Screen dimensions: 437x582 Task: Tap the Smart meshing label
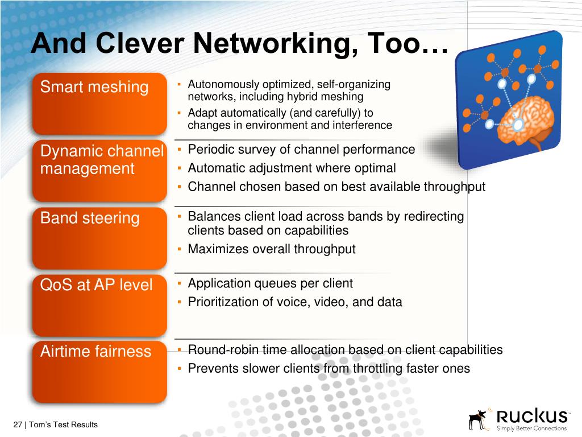pyautogui.click(x=94, y=87)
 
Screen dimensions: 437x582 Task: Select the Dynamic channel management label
pyautogui.click(x=101, y=160)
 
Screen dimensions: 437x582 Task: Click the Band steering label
pyautogui.click(x=90, y=218)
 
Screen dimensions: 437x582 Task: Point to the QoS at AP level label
pyautogui.click(x=96, y=285)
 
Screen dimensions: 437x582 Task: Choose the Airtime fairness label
pyautogui.click(x=95, y=351)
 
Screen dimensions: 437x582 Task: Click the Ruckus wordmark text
pyautogui.click(x=531, y=415)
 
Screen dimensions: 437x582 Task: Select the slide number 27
pyautogui.click(x=17, y=424)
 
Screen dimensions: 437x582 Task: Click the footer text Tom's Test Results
pyautogui.click(x=63, y=424)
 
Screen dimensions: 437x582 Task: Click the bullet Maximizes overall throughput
pyautogui.click(x=272, y=249)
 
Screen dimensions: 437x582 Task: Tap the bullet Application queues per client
pyautogui.click(x=270, y=283)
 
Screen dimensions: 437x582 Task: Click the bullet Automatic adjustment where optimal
pyautogui.click(x=292, y=168)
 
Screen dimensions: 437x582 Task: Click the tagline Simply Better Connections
pyautogui.click(x=531, y=428)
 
